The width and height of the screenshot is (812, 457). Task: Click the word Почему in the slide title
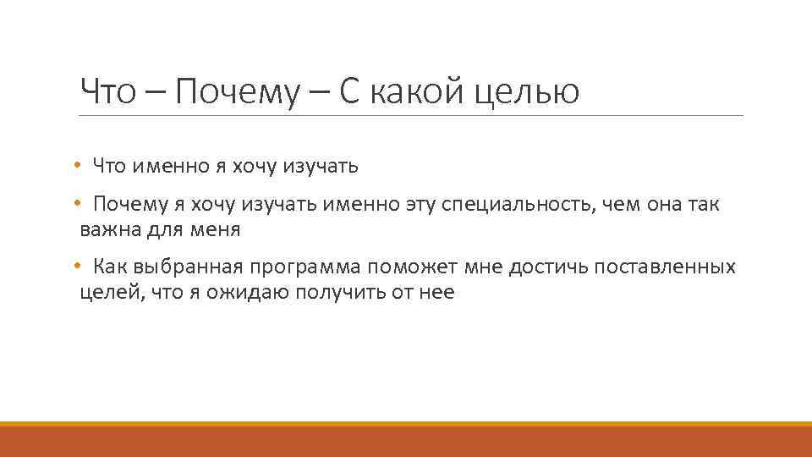[238, 91]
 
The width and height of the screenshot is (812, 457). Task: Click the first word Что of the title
[107, 91]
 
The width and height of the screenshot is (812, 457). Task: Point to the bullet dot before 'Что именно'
[76, 166]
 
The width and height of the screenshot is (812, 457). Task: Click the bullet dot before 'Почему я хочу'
[76, 205]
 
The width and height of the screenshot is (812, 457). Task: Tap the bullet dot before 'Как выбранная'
[76, 268]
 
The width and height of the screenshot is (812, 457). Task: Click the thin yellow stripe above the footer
[406, 424]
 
